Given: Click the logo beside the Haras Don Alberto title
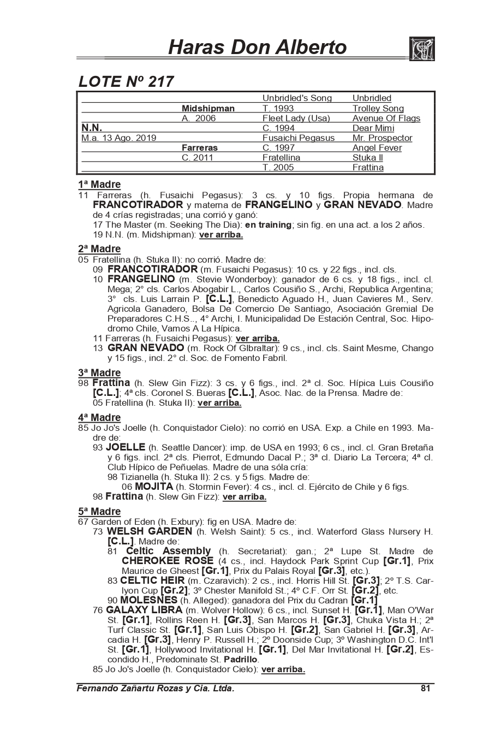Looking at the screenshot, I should coord(421,49).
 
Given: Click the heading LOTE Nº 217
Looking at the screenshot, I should coord(126,82).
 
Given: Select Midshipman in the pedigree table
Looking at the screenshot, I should coord(208,109).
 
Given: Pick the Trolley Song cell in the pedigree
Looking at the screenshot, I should coord(378,109).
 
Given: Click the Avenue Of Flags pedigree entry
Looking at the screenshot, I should coord(386,118).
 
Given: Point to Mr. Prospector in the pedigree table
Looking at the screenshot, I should coord(382,138).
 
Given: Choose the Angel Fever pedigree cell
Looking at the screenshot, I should coord(377,148).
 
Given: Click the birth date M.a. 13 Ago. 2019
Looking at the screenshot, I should coord(118,138).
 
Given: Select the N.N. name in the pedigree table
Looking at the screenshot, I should coord(92,128).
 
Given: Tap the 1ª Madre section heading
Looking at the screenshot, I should coord(99,185).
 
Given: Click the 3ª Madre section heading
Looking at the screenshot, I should coord(99,373).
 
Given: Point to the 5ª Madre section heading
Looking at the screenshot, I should coord(99,512).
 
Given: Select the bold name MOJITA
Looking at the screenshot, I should coord(154,487).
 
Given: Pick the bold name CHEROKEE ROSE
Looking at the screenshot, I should coord(168,561).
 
